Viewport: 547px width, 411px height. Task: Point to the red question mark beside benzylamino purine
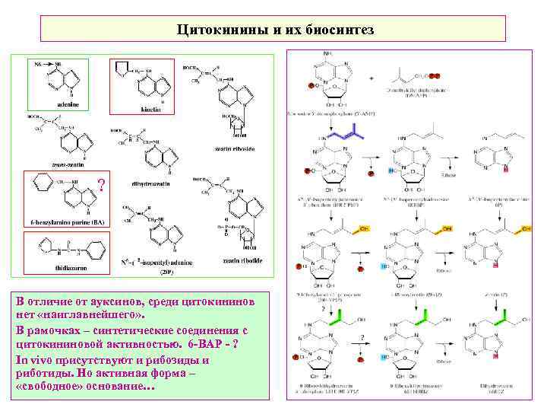tap(101, 184)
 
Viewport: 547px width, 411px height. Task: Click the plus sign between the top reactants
tap(371, 78)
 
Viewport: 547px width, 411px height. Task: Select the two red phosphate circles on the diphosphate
tap(432, 76)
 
